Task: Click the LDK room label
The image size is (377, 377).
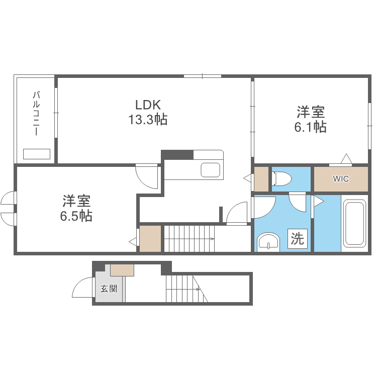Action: click(147, 105)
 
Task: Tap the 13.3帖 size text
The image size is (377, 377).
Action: click(147, 120)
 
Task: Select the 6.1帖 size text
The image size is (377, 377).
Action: click(310, 127)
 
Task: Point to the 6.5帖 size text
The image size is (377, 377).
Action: click(76, 216)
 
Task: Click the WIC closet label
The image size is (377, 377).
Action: click(341, 178)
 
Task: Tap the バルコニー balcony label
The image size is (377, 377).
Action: click(36, 114)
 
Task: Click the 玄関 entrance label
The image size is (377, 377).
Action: click(109, 289)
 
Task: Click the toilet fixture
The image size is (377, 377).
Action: click(282, 178)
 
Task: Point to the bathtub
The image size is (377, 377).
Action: click(354, 224)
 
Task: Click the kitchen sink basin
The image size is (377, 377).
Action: click(212, 170)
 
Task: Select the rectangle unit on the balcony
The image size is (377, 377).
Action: click(37, 154)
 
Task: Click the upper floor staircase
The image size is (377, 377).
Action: click(190, 239)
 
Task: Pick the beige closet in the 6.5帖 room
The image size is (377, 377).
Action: click(150, 239)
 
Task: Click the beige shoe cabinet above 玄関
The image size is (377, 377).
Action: click(122, 270)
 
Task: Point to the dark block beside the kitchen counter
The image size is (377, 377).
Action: click(177, 154)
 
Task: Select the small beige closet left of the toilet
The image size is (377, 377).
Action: click(261, 178)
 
